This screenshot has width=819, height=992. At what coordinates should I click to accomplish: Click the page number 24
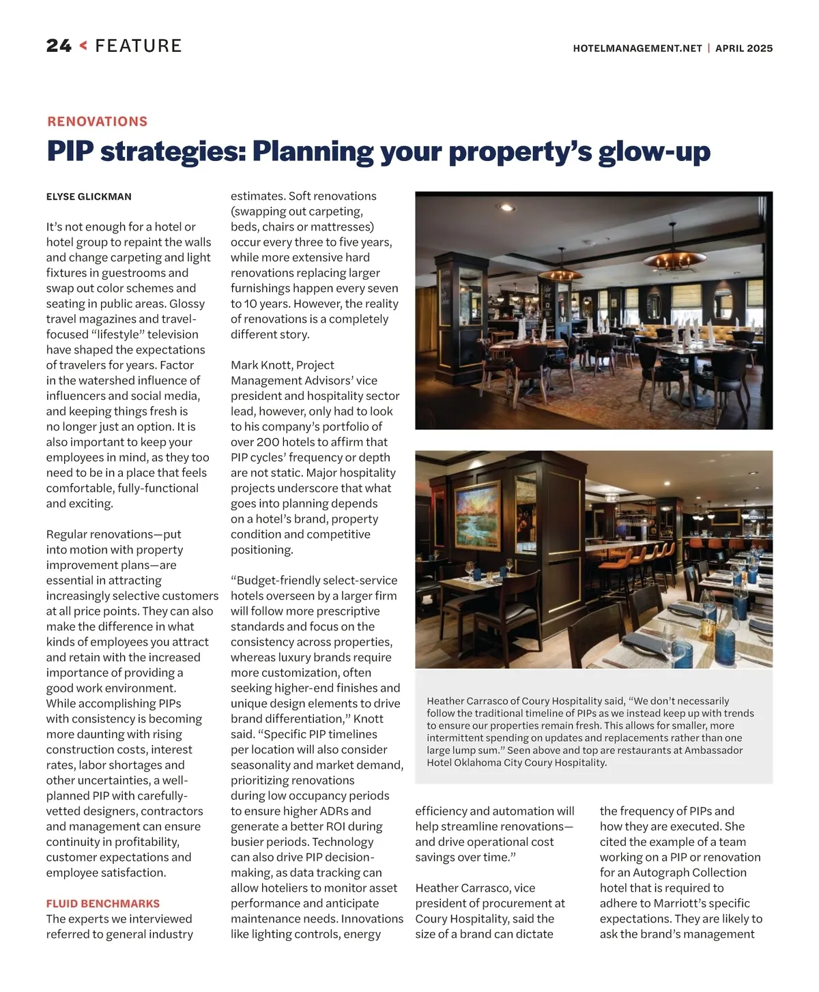(59, 46)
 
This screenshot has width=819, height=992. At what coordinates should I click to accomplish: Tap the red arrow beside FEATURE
(83, 46)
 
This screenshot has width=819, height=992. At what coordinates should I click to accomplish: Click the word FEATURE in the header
(139, 46)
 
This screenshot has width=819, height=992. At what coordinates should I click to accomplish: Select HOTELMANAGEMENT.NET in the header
(637, 48)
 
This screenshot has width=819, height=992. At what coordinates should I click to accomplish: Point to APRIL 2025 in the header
(744, 48)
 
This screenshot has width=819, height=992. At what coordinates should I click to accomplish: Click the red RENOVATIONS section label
(98, 121)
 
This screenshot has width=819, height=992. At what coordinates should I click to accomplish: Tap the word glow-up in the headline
(655, 151)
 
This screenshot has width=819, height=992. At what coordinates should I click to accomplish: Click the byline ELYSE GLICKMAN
(89, 196)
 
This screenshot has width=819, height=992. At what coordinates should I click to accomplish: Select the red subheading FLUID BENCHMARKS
(103, 903)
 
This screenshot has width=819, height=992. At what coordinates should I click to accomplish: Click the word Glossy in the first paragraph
(186, 304)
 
